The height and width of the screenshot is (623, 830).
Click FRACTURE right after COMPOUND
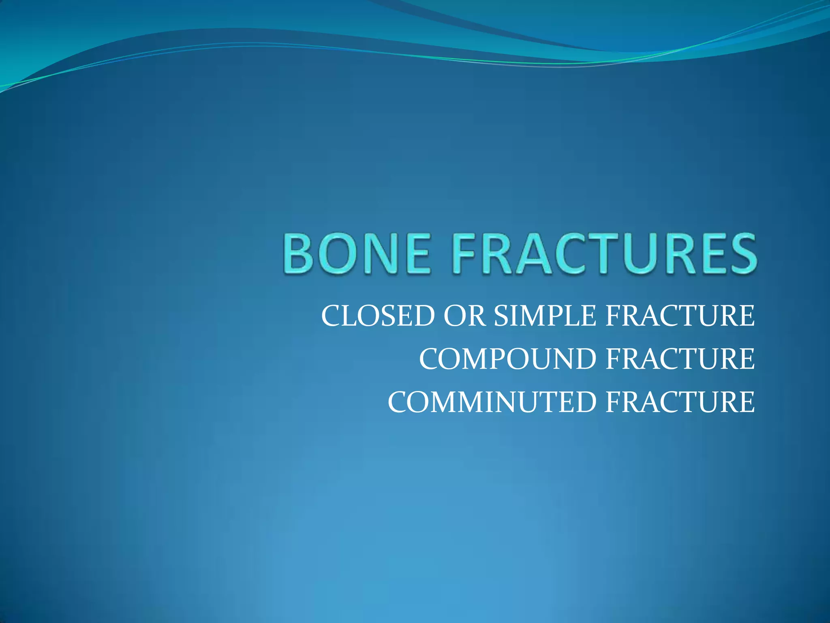680,359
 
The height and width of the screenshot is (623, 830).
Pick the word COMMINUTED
492,402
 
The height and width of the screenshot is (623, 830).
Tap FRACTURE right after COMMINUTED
680,402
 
